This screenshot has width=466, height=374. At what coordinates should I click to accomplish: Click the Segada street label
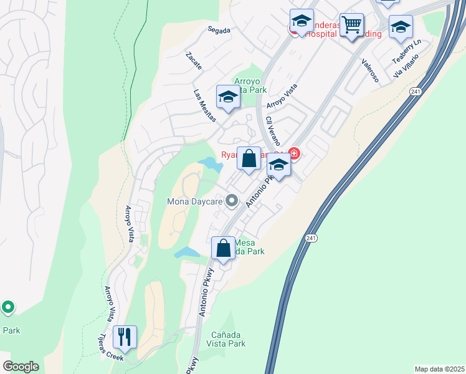click(219, 29)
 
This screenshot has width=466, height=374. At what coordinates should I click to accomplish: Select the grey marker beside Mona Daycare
click(232, 201)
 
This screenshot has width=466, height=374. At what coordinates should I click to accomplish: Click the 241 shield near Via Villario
click(416, 92)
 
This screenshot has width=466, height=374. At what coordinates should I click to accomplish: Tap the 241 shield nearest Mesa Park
click(312, 239)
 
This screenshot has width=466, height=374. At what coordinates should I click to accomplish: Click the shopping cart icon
click(352, 26)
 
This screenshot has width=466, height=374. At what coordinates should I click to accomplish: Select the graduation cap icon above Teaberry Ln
click(401, 27)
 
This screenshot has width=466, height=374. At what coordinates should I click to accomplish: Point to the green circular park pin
click(8, 307)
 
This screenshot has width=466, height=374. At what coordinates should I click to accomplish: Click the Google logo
click(21, 367)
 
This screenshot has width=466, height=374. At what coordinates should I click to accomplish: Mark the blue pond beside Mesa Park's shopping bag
click(188, 252)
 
